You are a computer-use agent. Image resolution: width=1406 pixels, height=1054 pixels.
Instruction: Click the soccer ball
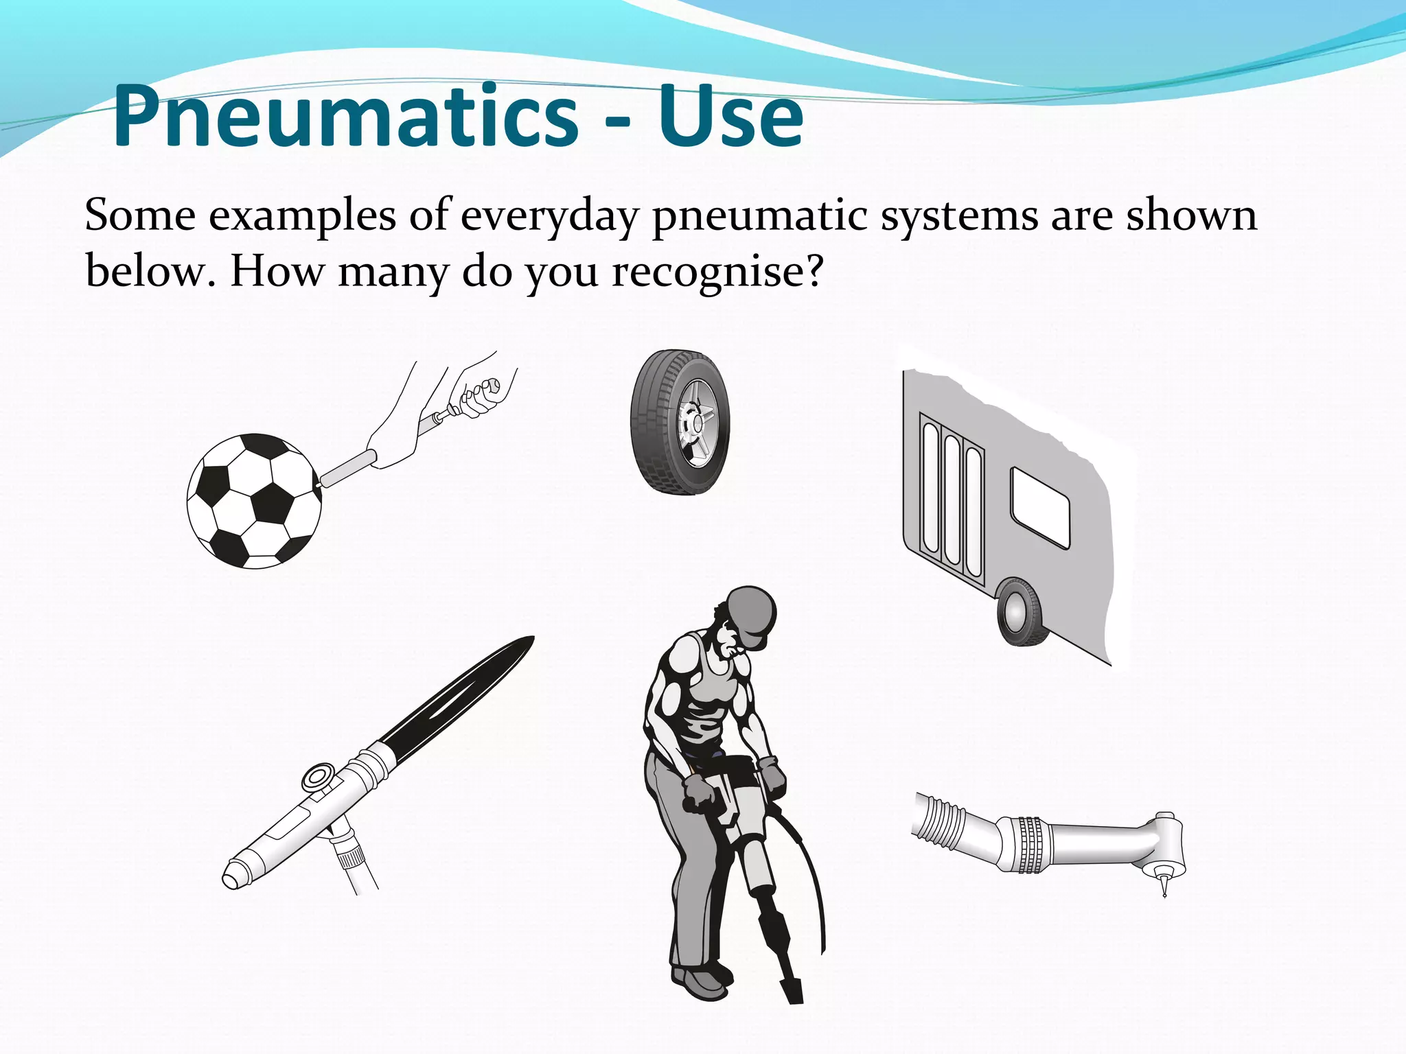[254, 500]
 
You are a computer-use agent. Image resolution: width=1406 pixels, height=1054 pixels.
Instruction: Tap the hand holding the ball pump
[481, 395]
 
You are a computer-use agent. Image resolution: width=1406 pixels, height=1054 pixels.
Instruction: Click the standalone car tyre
[680, 423]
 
